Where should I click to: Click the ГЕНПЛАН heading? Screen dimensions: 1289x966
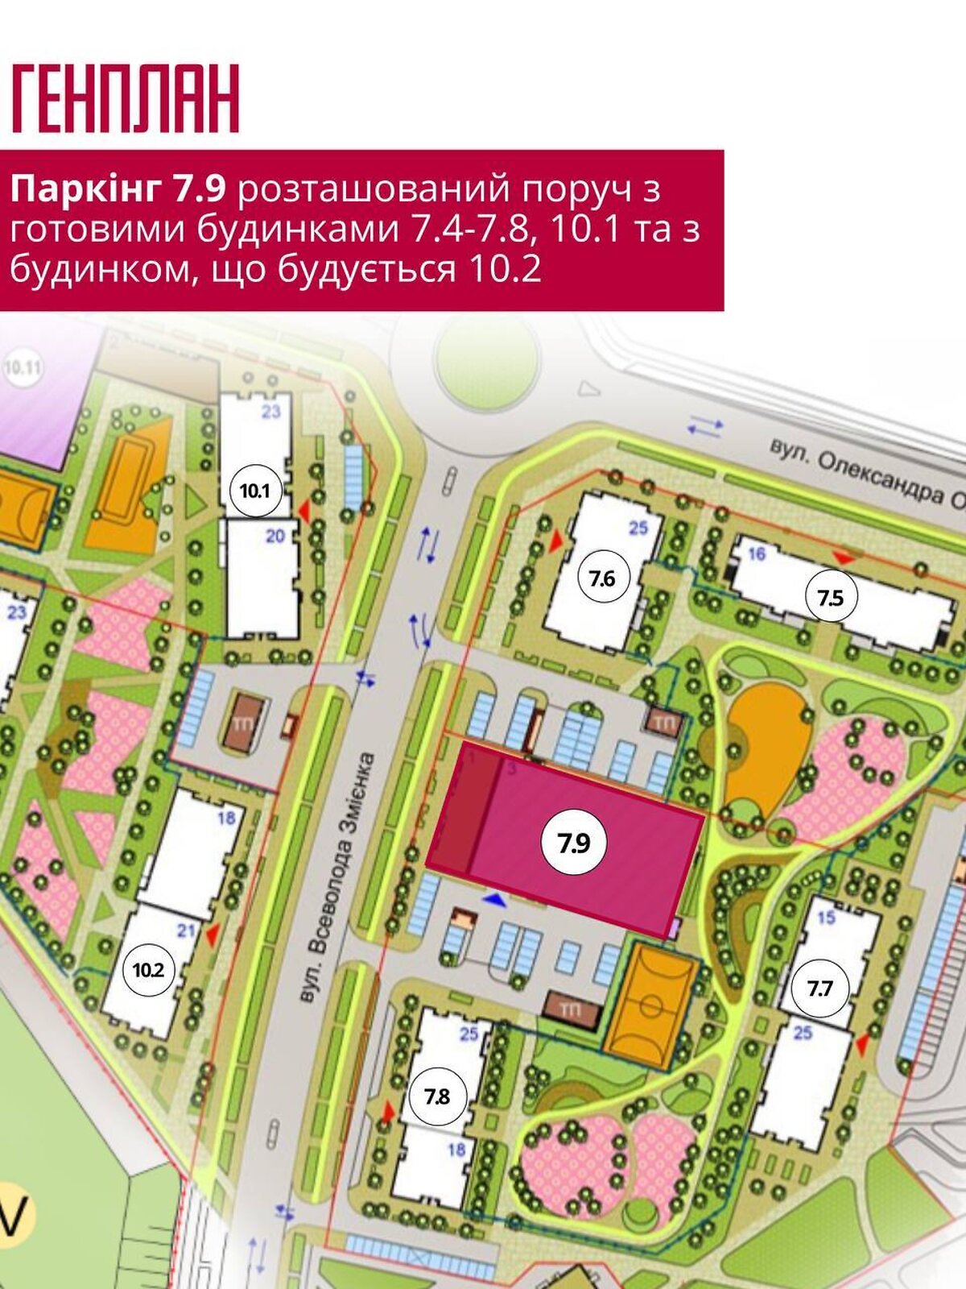click(x=126, y=98)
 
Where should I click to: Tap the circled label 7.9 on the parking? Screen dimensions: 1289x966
click(x=575, y=843)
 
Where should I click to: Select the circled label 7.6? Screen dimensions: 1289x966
click(x=601, y=578)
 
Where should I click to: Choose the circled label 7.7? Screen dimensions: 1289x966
click(x=819, y=988)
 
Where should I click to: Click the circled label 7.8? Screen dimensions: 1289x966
click(x=437, y=1096)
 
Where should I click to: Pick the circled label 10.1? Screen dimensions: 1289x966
click(x=254, y=490)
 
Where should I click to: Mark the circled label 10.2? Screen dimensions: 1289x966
click(x=149, y=969)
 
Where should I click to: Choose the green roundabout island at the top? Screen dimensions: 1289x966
click(x=485, y=357)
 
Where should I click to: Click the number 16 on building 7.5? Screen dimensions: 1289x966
click(x=756, y=553)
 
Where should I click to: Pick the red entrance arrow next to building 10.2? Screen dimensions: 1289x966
click(x=213, y=935)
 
